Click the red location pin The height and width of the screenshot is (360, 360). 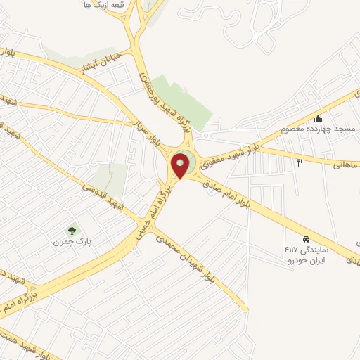click(181, 166)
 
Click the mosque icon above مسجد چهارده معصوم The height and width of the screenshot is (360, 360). click(319, 118)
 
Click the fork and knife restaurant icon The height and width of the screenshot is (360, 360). click(300, 163)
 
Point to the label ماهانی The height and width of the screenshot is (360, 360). click(347, 164)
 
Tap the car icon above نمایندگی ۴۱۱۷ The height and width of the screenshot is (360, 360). click(306, 238)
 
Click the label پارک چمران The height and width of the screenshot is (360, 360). click(67, 242)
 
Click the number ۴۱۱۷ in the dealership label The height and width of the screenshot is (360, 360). click(290, 250)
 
